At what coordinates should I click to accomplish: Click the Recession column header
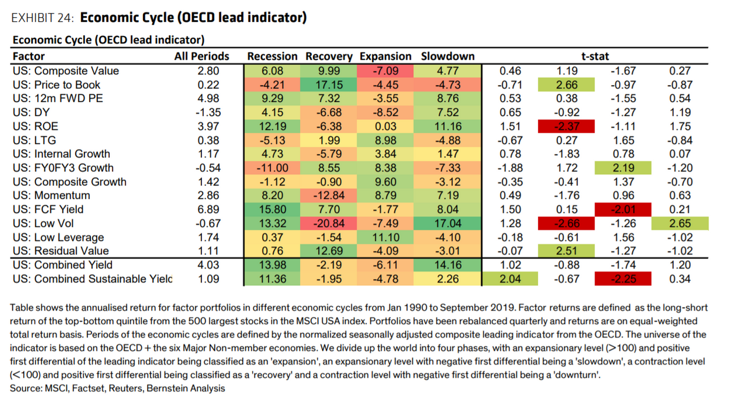pos(272,56)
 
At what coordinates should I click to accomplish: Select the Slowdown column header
pos(448,56)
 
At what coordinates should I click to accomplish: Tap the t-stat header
pos(595,56)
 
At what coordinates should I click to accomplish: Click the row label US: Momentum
pos(51,195)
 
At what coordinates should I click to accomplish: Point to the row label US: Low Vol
pos(43,223)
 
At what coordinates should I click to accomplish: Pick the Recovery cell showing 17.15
pos(328,84)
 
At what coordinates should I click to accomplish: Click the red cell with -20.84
pos(328,223)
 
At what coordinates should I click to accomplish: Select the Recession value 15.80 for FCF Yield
pos(272,209)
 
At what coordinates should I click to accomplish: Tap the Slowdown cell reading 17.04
pos(448,223)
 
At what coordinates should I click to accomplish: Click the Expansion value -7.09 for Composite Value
pos(385,71)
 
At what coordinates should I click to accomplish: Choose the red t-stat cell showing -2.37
pos(566,126)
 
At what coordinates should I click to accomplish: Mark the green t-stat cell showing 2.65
pos(680,223)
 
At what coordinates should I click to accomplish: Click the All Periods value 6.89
pos(208,209)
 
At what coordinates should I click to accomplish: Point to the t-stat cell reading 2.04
pos(510,279)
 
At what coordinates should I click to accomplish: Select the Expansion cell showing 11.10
pos(385,237)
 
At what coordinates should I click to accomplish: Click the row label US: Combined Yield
pos(63,264)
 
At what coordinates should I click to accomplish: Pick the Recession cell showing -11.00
pos(272,168)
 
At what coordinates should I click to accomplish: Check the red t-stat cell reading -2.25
pos(623,279)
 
